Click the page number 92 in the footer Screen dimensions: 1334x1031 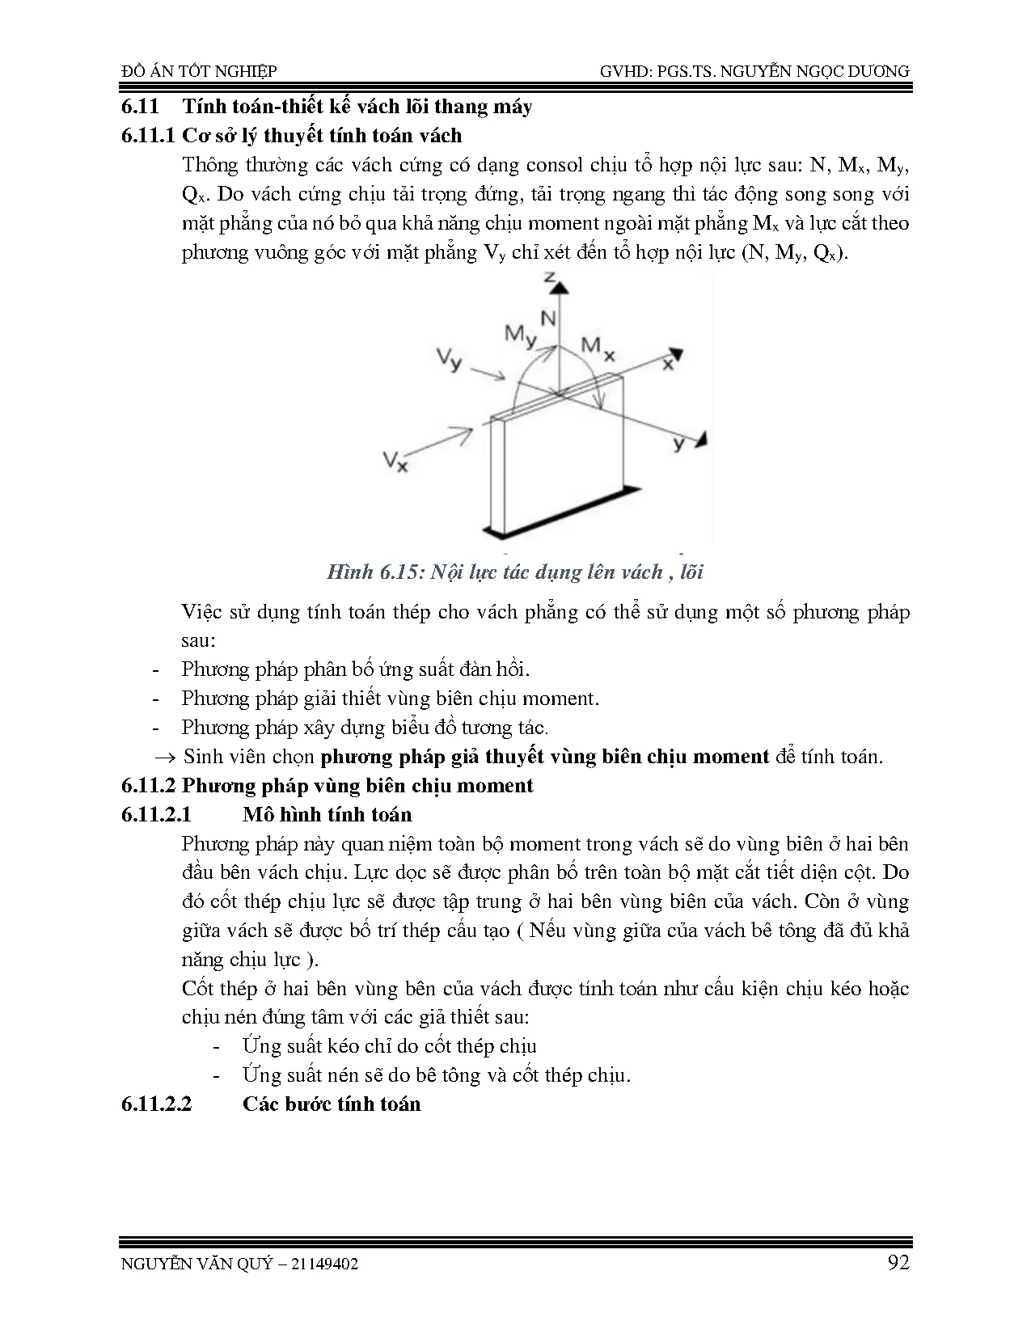coord(897,1262)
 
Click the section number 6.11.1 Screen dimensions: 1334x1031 coord(147,136)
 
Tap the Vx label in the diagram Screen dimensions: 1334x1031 coord(395,462)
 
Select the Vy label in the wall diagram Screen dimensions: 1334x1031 coord(448,360)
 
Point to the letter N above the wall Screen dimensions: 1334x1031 coord(548,319)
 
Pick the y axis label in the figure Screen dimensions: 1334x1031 coord(679,443)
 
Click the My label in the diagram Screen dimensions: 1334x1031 coord(520,336)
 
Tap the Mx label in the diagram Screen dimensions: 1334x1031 coord(598,347)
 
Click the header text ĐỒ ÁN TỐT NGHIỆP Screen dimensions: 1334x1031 coord(199,72)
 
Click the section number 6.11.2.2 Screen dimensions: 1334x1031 coord(157,1104)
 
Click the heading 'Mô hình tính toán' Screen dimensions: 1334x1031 coord(327,814)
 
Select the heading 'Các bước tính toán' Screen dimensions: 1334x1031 coord(332,1104)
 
